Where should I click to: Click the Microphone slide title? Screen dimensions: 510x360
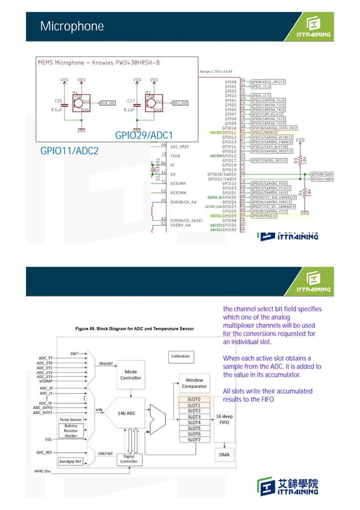click(72, 27)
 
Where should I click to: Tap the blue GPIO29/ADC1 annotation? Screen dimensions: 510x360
click(143, 136)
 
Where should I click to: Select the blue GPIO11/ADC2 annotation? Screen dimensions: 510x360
click(69, 151)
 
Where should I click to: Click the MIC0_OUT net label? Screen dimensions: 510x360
click(107, 103)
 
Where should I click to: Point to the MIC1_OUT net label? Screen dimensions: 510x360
click(179, 103)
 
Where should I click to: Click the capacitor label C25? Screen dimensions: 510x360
click(59, 101)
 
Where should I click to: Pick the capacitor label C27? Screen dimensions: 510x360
click(131, 101)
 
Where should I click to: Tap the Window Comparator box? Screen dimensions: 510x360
click(194, 383)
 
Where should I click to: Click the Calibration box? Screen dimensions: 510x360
click(181, 356)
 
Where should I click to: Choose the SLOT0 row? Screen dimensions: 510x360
click(194, 399)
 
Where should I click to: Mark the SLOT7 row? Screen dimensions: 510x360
click(194, 439)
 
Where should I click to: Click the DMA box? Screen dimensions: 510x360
click(223, 454)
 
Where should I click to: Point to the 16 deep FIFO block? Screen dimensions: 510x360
click(223, 419)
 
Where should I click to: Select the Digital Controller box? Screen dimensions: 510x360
click(129, 459)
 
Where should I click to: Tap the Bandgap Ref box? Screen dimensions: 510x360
click(71, 461)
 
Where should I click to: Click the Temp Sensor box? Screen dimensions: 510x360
click(71, 420)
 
